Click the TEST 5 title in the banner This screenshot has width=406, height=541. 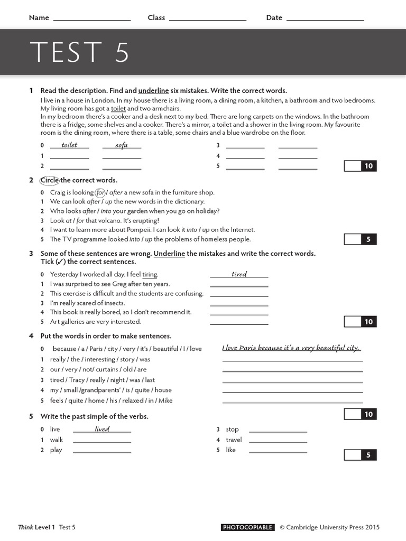click(x=79, y=52)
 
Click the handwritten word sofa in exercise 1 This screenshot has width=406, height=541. click(x=122, y=145)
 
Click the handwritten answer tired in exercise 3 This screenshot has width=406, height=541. click(x=239, y=274)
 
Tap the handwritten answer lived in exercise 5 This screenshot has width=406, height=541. click(x=102, y=429)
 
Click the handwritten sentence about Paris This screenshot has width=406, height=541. click(x=291, y=348)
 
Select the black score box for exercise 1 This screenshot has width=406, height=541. click(x=368, y=166)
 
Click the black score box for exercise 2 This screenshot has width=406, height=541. click(x=368, y=239)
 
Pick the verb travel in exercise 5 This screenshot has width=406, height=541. click(x=234, y=440)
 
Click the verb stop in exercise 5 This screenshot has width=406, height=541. click(x=232, y=430)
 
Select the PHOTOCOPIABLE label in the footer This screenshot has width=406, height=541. click(x=247, y=527)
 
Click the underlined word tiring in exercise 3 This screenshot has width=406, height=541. click(x=150, y=275)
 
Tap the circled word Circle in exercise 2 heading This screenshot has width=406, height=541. click(x=50, y=180)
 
